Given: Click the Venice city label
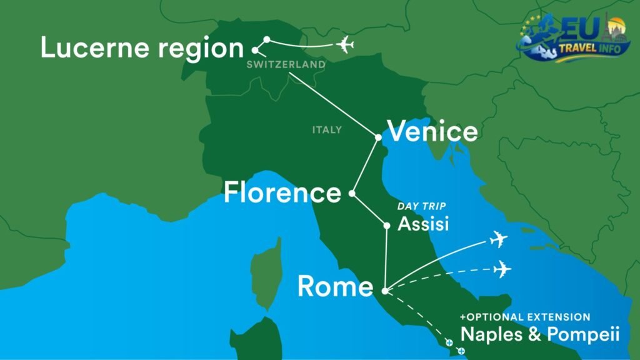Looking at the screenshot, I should pyautogui.click(x=432, y=132).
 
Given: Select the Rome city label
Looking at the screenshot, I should pyautogui.click(x=335, y=286).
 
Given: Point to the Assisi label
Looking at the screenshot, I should pyautogui.click(x=423, y=224).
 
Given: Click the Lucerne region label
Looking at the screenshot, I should pyautogui.click(x=142, y=48).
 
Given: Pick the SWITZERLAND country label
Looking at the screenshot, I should pyautogui.click(x=286, y=64).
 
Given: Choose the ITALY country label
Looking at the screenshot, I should pyautogui.click(x=327, y=130).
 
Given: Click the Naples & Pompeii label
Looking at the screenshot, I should pyautogui.click(x=540, y=334).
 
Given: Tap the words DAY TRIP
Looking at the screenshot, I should pyautogui.click(x=422, y=206).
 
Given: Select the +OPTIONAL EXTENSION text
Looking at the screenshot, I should pyautogui.click(x=525, y=317).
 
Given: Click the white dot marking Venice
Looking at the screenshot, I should pyautogui.click(x=378, y=137).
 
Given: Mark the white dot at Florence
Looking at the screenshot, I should pyautogui.click(x=352, y=194).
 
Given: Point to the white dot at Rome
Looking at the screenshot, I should pyautogui.click(x=384, y=291).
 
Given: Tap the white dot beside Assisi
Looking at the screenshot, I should pyautogui.click(x=387, y=225).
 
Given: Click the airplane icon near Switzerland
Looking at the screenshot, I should pyautogui.click(x=344, y=45).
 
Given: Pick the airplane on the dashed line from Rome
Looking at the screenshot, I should pyautogui.click(x=501, y=269).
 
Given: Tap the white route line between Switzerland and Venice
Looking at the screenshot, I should pyautogui.click(x=331, y=103).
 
